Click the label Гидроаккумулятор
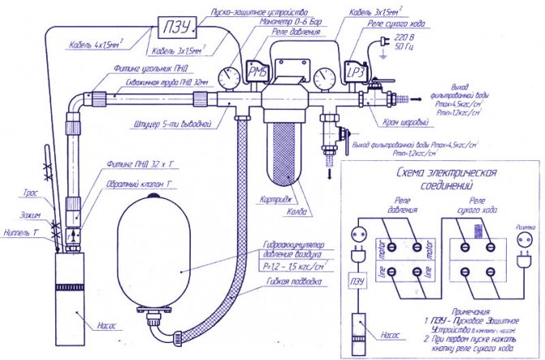289,245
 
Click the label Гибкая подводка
288,282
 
